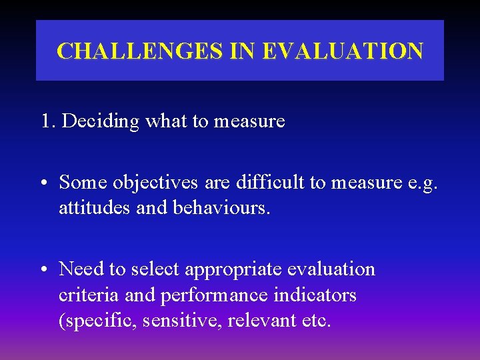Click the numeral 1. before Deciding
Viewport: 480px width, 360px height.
[48, 121]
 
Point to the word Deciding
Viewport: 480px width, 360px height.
[101, 121]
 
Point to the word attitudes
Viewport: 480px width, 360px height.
[95, 208]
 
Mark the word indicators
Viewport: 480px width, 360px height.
[317, 295]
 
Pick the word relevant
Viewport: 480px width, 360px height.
[261, 321]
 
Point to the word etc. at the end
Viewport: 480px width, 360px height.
[315, 321]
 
